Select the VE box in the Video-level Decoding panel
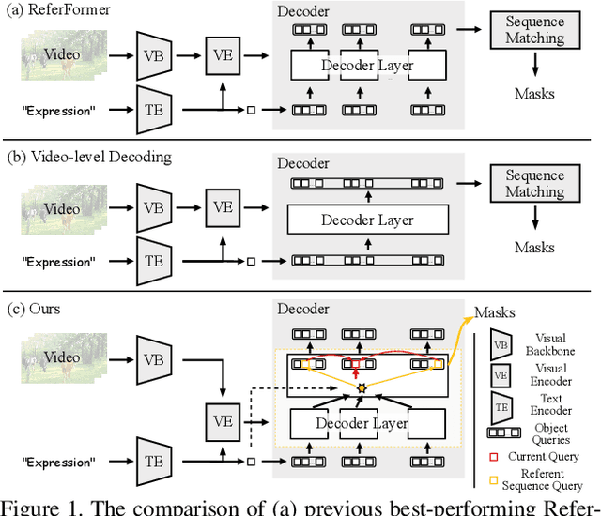click(223, 205)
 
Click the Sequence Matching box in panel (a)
click(535, 31)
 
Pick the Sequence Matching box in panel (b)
click(535, 184)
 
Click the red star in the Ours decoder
click(356, 362)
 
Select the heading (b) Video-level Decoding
click(89, 157)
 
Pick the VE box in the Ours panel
click(223, 421)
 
